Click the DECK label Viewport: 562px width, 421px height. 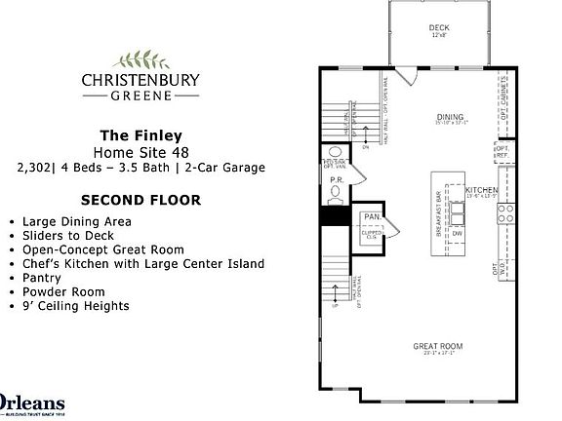439,28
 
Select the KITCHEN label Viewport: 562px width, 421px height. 481,190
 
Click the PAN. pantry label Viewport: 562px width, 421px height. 371,217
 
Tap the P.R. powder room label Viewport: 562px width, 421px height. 335,180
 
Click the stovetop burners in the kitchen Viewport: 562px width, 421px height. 506,232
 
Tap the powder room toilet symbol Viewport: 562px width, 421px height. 335,155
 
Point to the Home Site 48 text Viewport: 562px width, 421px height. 142,152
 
